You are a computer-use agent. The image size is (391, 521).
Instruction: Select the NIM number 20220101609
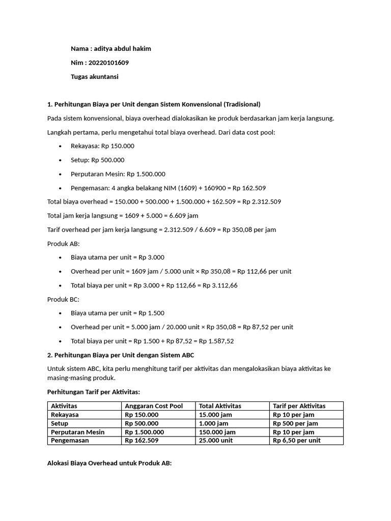[x=109, y=63]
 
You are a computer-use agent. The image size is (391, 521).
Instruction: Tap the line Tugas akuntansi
[x=94, y=76]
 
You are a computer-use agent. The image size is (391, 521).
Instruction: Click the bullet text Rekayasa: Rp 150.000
[x=102, y=146]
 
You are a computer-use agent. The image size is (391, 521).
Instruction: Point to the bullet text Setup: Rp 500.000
[x=97, y=160]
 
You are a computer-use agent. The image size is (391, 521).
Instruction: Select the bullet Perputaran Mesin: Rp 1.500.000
[x=118, y=174]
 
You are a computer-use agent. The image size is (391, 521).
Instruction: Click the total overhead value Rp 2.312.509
[x=262, y=201]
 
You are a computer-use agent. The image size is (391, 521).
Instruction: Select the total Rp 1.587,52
[x=216, y=341]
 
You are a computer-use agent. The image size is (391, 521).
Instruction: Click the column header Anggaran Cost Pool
[x=153, y=406]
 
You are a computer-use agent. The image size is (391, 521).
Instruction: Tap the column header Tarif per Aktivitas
[x=299, y=406]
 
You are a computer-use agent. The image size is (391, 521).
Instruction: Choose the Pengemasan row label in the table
[x=71, y=441]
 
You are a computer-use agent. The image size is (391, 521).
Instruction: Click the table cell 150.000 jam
[x=217, y=432]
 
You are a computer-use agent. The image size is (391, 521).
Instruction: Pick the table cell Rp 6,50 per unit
[x=297, y=441]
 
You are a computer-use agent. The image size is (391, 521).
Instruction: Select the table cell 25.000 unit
[x=216, y=441]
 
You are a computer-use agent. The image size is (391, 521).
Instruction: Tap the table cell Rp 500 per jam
[x=295, y=423]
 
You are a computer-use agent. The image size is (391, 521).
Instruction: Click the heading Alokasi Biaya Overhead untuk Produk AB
[x=109, y=464]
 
